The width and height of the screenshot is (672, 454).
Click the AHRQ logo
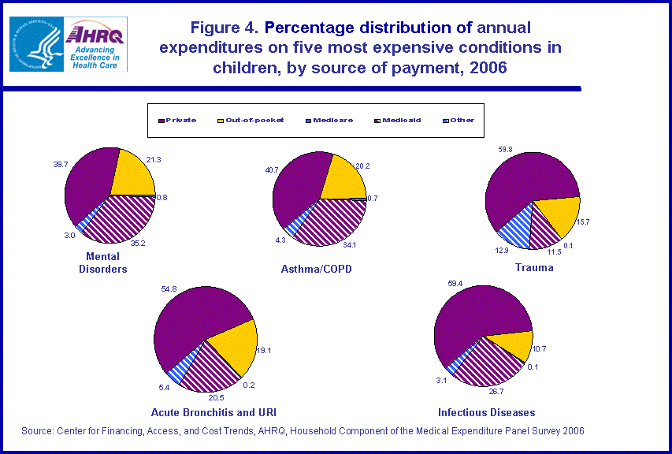tap(97, 44)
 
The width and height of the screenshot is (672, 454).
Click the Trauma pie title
tap(534, 268)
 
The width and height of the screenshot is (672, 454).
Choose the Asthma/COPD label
tap(316, 270)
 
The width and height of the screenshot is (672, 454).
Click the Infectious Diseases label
tap(487, 412)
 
